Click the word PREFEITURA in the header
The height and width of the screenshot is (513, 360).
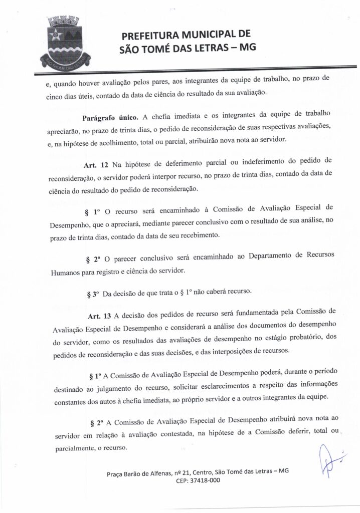tap(151, 36)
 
